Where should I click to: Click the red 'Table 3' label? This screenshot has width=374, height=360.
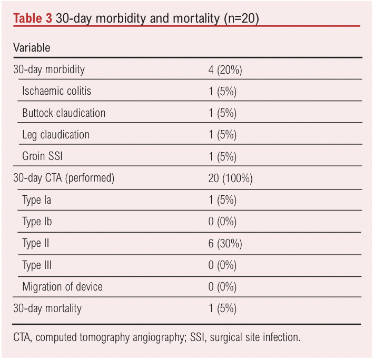(32, 18)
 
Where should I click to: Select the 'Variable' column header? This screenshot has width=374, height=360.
(32, 47)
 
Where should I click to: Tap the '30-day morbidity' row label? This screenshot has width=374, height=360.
(48, 69)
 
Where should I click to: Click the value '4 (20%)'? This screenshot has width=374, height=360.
(225, 69)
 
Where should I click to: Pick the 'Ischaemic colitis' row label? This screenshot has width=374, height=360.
(56, 91)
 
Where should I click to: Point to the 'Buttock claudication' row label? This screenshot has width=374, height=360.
(64, 113)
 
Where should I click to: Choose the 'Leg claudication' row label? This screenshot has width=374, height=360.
(56, 135)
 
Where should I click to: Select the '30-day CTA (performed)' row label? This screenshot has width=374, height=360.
(63, 178)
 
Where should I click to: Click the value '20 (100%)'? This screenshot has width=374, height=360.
(230, 178)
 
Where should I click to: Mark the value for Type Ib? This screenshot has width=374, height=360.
(222, 222)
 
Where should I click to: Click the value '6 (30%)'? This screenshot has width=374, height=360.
(225, 243)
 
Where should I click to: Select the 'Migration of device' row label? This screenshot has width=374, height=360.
(62, 287)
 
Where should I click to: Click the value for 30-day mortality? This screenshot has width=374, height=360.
(222, 308)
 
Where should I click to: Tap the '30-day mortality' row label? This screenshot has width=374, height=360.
(47, 308)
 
